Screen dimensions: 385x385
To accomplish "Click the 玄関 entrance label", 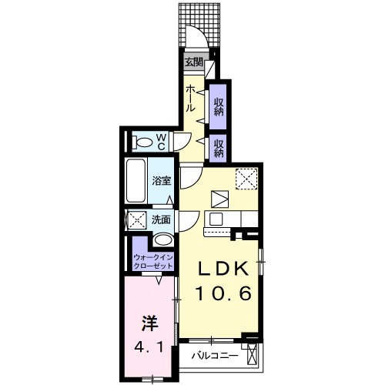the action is pyautogui.click(x=194, y=62).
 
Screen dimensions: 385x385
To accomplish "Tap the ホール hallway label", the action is pyautogui.click(x=190, y=99).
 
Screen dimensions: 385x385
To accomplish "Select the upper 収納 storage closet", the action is pyautogui.click(x=218, y=107).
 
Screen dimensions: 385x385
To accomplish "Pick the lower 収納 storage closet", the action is pyautogui.click(x=218, y=149).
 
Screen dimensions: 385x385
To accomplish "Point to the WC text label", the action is pyautogui.click(x=161, y=142).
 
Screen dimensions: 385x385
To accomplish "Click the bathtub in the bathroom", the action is pyautogui.click(x=136, y=181).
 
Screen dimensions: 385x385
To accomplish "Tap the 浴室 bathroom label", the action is pyautogui.click(x=162, y=181).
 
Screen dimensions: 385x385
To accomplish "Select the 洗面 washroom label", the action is pyautogui.click(x=161, y=219).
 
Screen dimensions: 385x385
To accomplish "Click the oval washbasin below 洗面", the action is pyautogui.click(x=163, y=240).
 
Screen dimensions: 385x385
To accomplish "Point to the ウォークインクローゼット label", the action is pyautogui.click(x=153, y=261).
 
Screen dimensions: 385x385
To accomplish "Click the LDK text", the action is pyautogui.click(x=223, y=269).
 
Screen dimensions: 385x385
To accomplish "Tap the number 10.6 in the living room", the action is pyautogui.click(x=223, y=293).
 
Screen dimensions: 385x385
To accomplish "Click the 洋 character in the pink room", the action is pyautogui.click(x=150, y=323).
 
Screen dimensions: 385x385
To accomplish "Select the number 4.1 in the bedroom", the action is pyautogui.click(x=149, y=347).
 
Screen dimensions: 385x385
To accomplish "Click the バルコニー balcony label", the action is pyautogui.click(x=215, y=356).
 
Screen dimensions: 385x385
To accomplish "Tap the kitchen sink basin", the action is pyautogui.click(x=216, y=219).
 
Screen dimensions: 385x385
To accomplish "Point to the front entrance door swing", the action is pyautogui.click(x=196, y=35).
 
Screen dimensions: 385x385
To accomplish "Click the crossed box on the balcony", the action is pyautogui.click(x=252, y=354).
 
